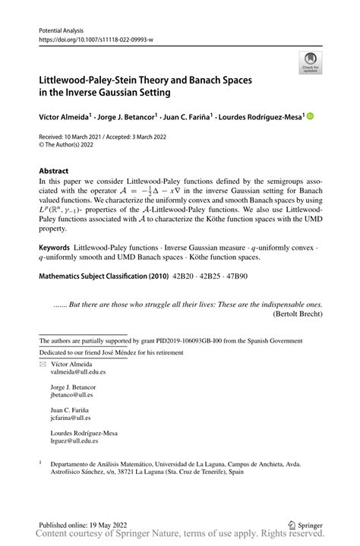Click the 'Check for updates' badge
[309, 63]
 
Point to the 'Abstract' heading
[54, 171]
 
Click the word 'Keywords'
[55, 248]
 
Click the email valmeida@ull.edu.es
[74, 373]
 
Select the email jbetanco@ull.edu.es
[72, 395]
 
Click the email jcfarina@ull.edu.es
[71, 418]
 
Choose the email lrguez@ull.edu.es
[70, 440]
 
